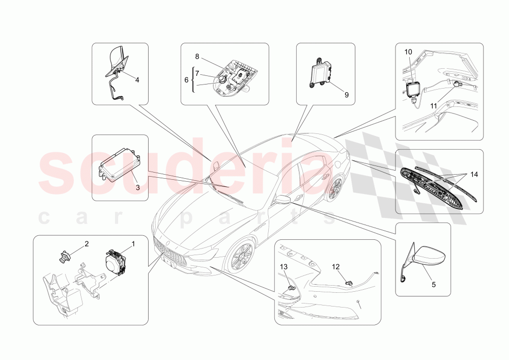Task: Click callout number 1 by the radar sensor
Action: [x=133, y=244]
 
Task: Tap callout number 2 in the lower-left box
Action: [x=87, y=244]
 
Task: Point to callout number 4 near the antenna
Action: [x=137, y=79]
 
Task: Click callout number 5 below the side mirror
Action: [x=434, y=285]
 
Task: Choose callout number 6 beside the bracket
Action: [x=186, y=80]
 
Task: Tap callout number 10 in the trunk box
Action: [x=408, y=52]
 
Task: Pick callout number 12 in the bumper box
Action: [x=336, y=267]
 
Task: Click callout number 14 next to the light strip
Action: [x=474, y=175]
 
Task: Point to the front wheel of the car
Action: [x=240, y=257]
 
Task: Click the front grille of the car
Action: [x=172, y=252]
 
